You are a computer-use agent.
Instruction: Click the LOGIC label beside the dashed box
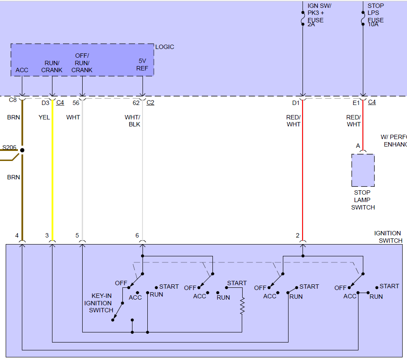coord(164,47)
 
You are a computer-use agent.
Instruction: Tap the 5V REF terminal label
coord(142,65)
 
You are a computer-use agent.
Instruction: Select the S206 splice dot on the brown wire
coord(22,150)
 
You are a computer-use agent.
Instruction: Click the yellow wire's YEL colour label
coord(44,117)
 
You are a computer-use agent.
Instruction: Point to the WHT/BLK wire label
coord(132,121)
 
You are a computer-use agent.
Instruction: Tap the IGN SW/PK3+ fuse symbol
coord(303,18)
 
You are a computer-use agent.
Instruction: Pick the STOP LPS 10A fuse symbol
coord(363,18)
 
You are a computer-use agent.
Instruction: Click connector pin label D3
coord(45,103)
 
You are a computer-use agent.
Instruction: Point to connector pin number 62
coord(136,103)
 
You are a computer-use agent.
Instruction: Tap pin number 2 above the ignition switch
coord(297,235)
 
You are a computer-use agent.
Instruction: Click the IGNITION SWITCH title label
coord(388,237)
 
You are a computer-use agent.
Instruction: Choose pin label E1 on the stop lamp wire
coord(356,103)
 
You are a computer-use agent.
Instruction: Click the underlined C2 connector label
coord(150,103)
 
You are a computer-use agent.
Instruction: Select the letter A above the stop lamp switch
coord(358,146)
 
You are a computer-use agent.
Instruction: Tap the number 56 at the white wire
coord(76,103)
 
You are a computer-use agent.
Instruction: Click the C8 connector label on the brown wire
coord(13,100)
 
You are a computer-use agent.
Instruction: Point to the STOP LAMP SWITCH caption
coord(363,200)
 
